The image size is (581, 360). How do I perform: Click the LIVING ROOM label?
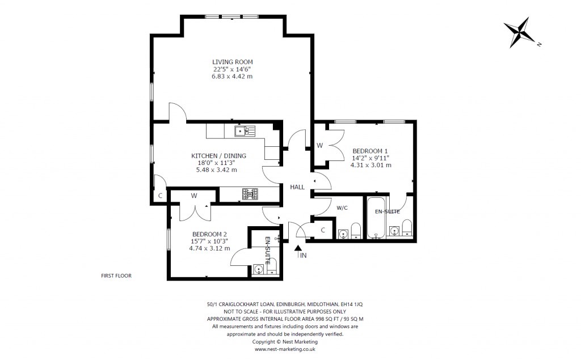coord(232,62)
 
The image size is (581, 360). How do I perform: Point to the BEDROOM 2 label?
coord(209,234)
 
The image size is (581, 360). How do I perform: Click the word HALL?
coord(297,187)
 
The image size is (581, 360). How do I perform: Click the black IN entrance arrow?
coord(298,249)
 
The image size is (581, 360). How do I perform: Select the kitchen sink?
coord(245,132)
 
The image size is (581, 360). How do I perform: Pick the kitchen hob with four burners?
coord(250,194)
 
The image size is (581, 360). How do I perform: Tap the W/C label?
coord(342,207)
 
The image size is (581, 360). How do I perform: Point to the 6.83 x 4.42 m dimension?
coord(232,76)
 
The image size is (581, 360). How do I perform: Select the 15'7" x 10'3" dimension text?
coord(209,241)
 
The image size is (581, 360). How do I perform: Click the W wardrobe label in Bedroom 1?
coord(319,146)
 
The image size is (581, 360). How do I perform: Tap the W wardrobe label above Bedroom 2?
coord(193,196)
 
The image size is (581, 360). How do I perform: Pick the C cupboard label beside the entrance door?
coord(322,230)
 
